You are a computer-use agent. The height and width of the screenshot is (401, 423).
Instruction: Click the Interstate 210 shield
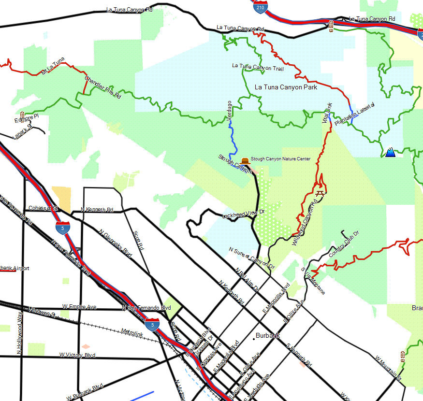261,7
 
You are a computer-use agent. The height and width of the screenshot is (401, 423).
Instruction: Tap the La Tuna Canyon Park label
286,87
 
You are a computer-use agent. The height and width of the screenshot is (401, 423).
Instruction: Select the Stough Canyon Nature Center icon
245,160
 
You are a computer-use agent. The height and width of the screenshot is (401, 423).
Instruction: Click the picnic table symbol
319,193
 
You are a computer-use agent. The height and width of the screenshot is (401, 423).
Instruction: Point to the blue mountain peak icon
390,153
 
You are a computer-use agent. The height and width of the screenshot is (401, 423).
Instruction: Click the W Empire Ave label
79,307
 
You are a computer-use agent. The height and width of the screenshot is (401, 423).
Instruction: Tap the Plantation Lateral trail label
355,114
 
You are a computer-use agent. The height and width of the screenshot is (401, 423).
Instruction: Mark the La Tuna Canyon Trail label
258,67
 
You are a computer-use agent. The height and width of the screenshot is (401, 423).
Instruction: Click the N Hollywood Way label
20,333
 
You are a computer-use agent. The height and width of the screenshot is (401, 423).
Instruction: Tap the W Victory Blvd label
77,355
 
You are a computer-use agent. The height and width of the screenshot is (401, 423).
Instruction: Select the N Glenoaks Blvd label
115,243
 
